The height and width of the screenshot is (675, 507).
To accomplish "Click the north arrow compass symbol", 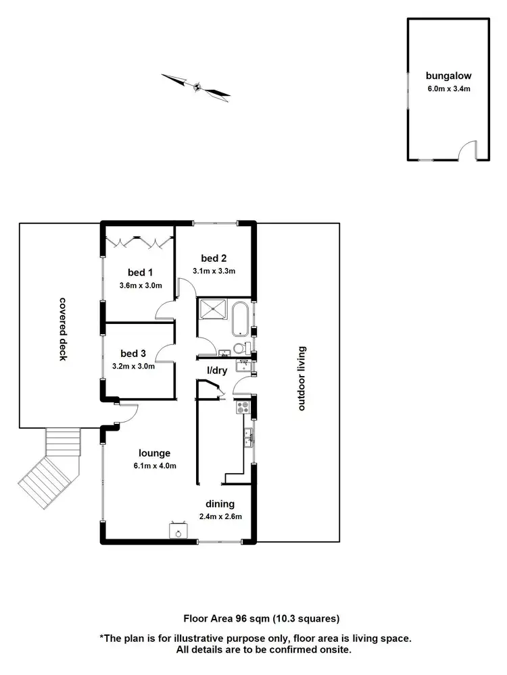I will click(x=197, y=86).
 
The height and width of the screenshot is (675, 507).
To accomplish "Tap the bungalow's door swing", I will click(x=466, y=151).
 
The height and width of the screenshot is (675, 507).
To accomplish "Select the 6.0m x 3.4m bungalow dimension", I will click(x=443, y=88).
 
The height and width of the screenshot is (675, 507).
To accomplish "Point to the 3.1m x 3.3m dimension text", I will click(x=214, y=271).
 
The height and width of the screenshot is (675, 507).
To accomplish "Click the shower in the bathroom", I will click(x=214, y=313).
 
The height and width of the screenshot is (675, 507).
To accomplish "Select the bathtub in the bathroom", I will click(x=240, y=319).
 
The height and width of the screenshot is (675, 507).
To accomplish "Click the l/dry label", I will click(x=217, y=371).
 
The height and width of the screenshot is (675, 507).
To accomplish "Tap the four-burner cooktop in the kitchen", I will click(x=242, y=407).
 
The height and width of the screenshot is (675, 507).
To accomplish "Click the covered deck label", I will click(x=63, y=329).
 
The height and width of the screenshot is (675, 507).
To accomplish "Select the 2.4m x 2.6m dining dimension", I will click(x=220, y=517).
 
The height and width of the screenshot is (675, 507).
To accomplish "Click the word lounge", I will click(x=155, y=453).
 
